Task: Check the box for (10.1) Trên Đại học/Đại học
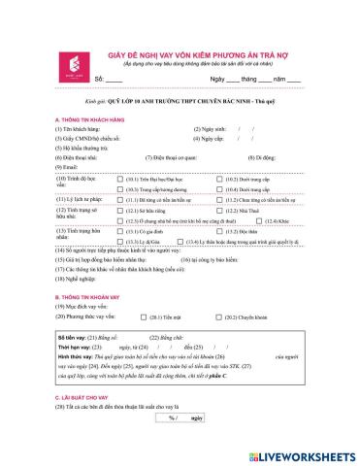[x=121, y=181]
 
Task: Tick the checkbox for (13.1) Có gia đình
[x=121, y=232]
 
